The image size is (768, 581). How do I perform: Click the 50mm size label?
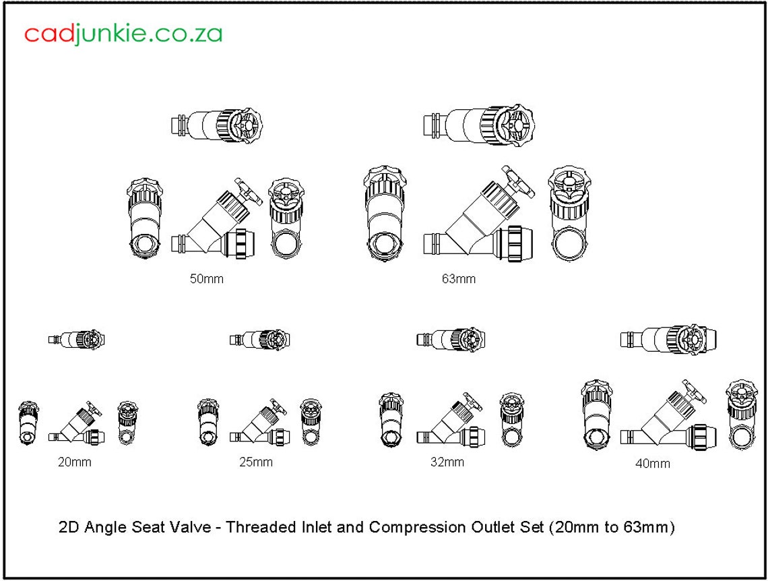coord(206,279)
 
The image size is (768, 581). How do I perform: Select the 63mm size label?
coord(459,279)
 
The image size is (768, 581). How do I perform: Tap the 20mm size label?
coord(74,462)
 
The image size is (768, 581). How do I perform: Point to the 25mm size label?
coord(256,462)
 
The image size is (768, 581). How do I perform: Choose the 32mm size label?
coord(447,462)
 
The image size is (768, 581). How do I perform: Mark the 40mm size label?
coord(653,464)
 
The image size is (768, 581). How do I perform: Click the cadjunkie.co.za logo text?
coord(123,34)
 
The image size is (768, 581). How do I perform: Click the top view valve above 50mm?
coord(216,125)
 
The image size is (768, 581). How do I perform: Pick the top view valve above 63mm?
coord(479,125)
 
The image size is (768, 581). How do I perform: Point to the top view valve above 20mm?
coord(76,339)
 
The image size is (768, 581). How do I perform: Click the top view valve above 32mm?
coord(451,339)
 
